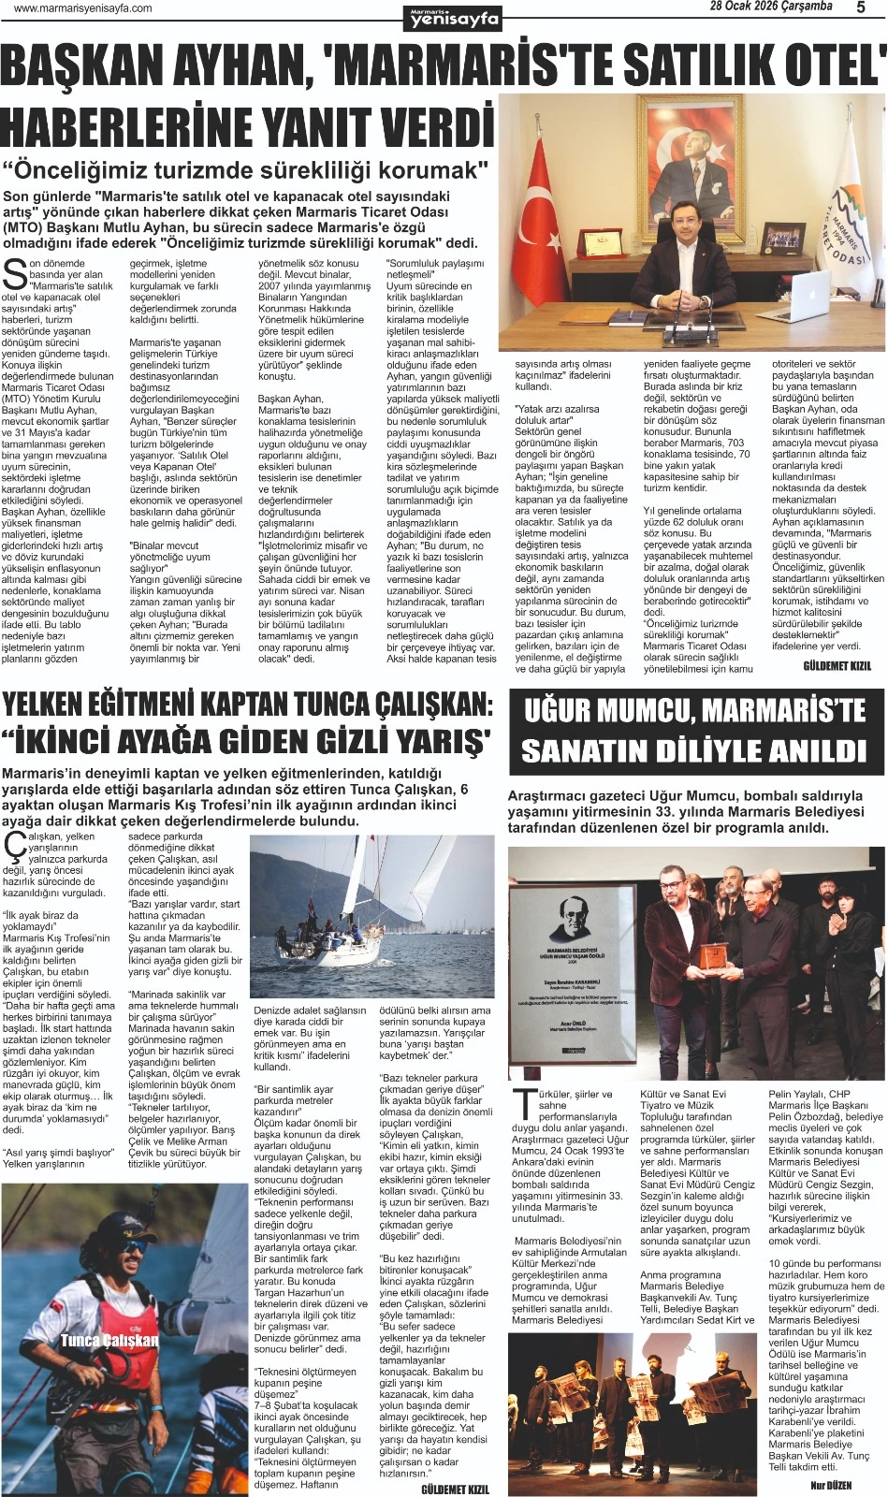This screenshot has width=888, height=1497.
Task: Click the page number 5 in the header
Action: [861, 7]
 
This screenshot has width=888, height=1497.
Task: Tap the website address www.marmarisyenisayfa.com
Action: [83, 8]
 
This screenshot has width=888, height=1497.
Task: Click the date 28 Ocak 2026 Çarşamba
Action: [770, 7]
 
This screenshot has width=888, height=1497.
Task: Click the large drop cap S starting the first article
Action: [14, 274]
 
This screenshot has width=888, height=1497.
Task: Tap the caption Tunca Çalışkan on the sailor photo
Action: [109, 1340]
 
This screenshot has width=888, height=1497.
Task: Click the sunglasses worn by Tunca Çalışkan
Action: [105, 1259]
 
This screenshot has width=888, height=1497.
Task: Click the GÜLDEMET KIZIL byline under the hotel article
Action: [836, 665]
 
